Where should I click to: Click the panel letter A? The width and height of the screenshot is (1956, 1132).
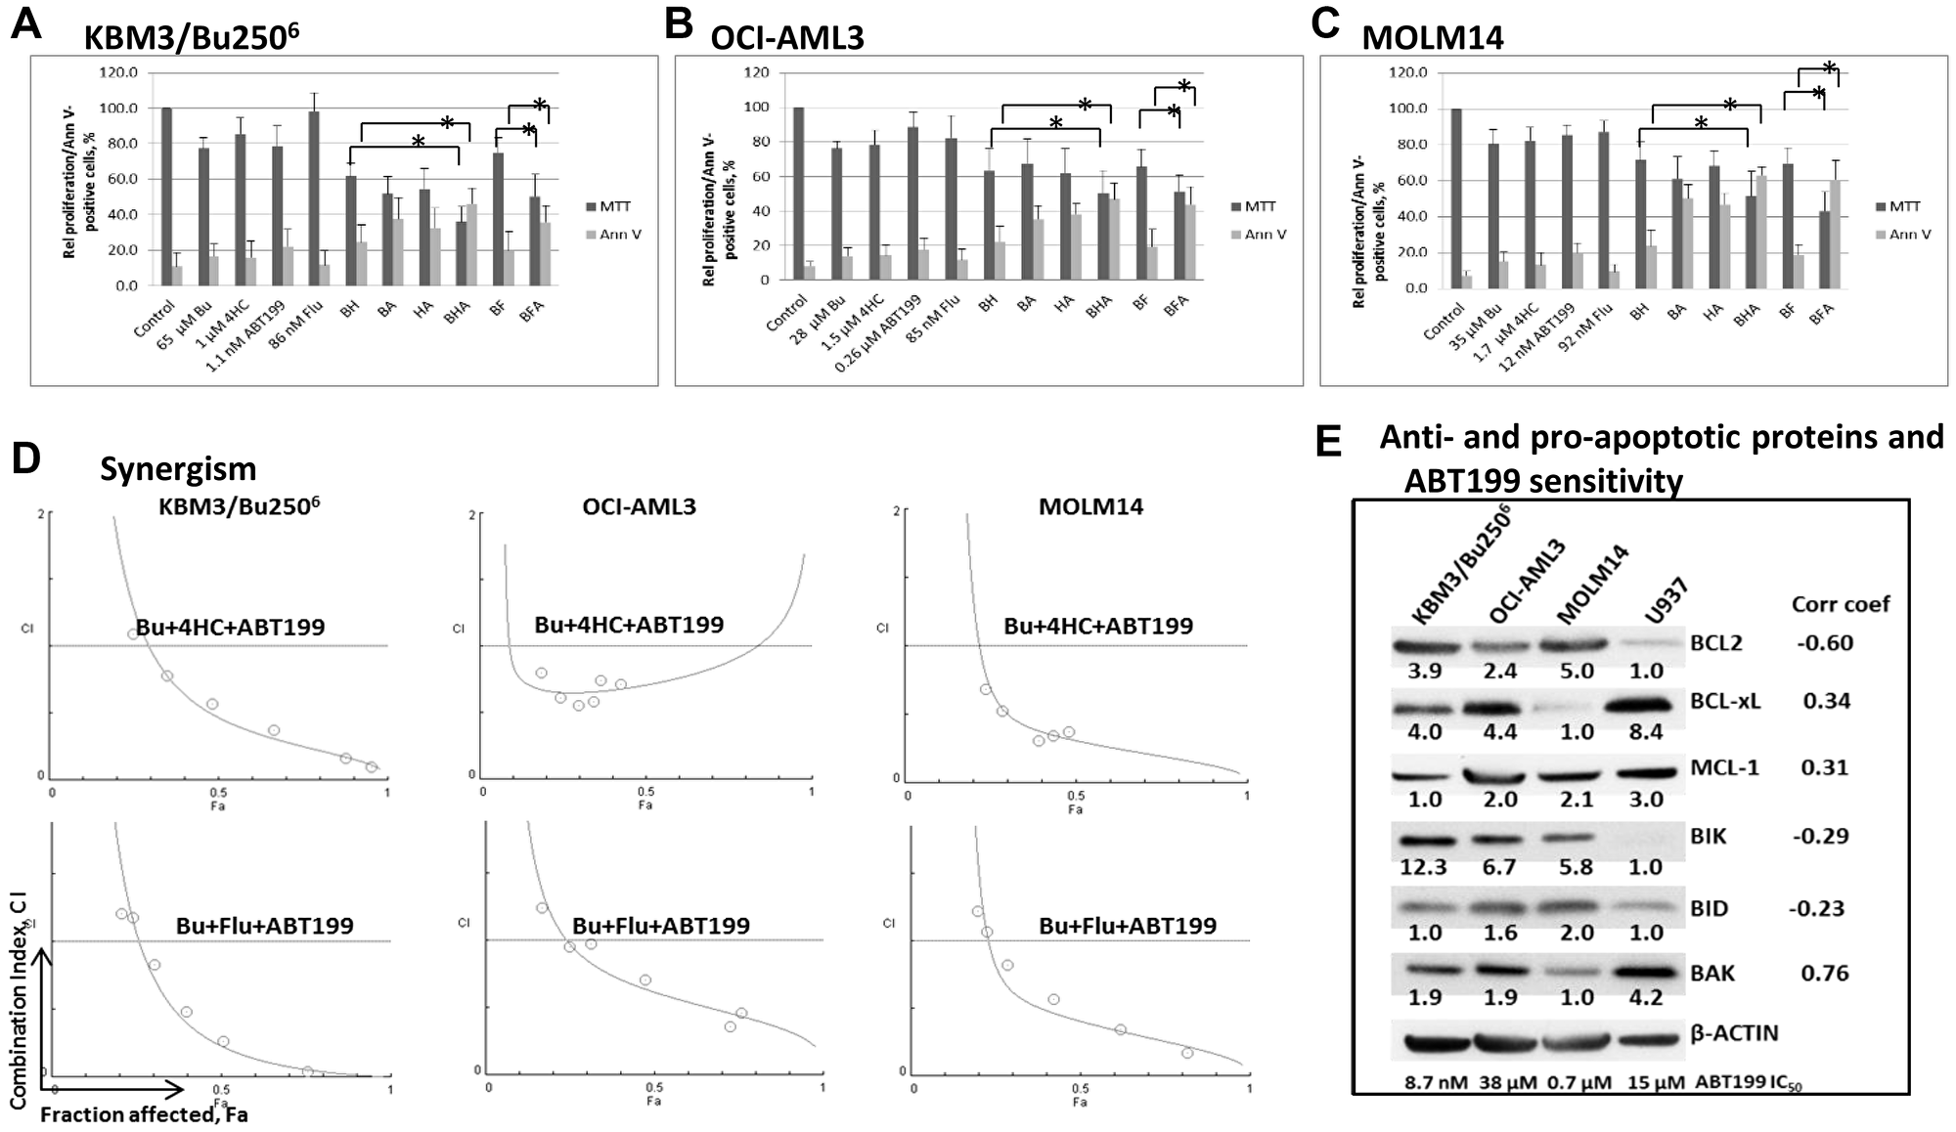(x=26, y=23)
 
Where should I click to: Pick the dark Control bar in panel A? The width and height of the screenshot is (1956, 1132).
(x=166, y=196)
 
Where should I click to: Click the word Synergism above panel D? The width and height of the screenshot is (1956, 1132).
(x=178, y=469)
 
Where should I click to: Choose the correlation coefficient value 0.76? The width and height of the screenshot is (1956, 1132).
(x=1825, y=973)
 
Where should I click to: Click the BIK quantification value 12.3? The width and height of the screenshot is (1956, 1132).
(x=1423, y=867)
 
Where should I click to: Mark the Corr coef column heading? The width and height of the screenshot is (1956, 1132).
(x=1840, y=604)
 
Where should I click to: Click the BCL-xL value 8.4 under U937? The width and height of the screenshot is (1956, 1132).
(x=1645, y=732)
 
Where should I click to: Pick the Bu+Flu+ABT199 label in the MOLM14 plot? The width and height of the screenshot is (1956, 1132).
(x=1128, y=926)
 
